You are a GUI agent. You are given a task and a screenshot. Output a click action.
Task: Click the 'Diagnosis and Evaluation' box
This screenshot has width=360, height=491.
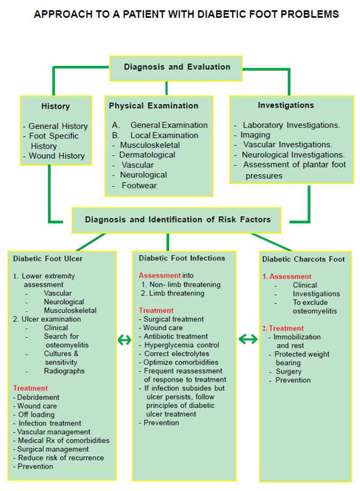(x=177, y=67)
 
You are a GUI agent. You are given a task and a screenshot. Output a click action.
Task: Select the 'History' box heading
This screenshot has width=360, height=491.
(x=55, y=106)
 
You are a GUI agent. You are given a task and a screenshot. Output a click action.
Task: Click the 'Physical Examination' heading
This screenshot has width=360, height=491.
(x=154, y=106)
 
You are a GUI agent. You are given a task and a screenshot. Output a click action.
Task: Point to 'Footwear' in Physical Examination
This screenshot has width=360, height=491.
(x=139, y=186)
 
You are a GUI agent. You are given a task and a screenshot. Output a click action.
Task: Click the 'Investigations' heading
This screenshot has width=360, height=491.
(x=286, y=105)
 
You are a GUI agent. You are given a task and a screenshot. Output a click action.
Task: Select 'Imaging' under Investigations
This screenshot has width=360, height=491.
(x=255, y=135)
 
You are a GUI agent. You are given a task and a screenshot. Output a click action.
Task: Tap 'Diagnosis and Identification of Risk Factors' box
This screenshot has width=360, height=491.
(x=178, y=219)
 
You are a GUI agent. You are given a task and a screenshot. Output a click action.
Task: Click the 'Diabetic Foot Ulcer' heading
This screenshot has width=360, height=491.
(x=48, y=259)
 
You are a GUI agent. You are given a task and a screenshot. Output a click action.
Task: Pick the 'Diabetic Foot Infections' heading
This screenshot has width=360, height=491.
(x=182, y=258)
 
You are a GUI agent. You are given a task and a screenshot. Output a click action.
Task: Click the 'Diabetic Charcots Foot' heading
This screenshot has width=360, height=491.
(x=303, y=259)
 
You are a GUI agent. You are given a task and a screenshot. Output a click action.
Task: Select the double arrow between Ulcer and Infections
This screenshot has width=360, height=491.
(x=124, y=339)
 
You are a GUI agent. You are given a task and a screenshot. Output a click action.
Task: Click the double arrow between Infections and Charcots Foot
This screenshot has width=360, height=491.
(x=248, y=339)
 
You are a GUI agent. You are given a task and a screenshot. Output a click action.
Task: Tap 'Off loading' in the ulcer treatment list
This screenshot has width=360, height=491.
(x=36, y=415)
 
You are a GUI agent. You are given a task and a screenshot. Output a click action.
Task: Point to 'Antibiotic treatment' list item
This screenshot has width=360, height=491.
(x=175, y=336)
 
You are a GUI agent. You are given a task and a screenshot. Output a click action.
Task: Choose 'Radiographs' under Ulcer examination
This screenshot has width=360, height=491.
(x=64, y=371)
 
